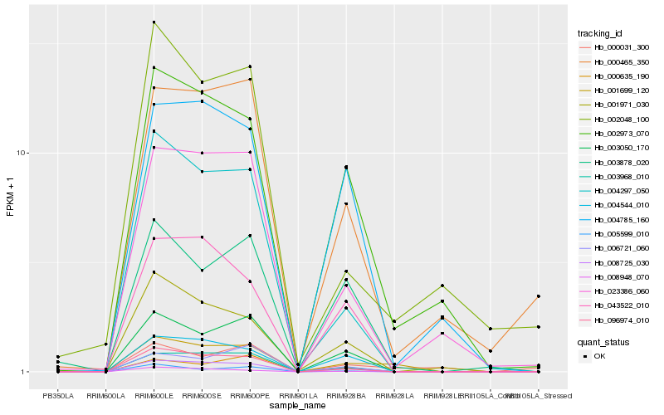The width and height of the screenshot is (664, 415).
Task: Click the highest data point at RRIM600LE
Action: (154, 22)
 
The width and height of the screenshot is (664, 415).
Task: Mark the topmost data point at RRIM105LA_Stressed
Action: (538, 296)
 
